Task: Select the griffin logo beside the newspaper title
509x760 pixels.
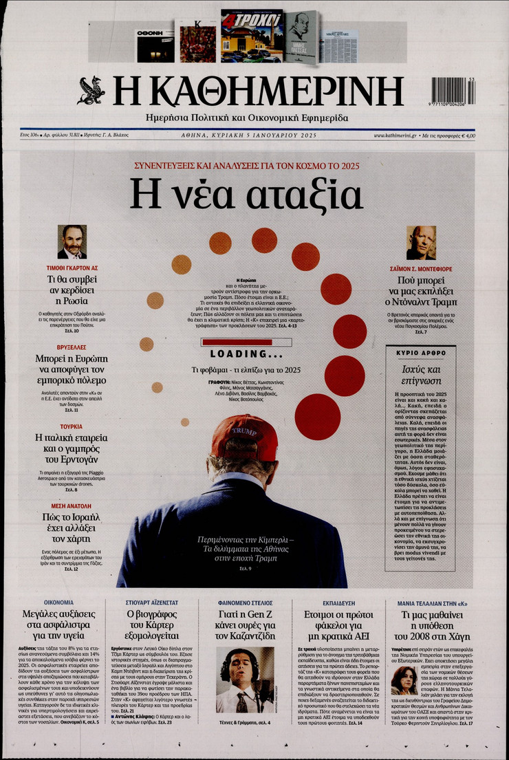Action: [x=91, y=90]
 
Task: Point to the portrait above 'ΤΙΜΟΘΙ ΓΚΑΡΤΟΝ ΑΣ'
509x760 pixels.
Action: [x=72, y=241]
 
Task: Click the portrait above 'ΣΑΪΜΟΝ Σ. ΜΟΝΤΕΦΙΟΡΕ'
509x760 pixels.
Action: [x=421, y=242]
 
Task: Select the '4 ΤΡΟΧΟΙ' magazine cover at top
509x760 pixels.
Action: [x=252, y=36]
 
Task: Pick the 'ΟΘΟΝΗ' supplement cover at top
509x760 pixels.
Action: [x=155, y=46]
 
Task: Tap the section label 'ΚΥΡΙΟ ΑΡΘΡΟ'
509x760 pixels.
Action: [x=421, y=351]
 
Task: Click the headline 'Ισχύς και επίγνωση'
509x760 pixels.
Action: [x=421, y=376]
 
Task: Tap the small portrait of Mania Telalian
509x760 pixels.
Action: [x=404, y=680]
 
